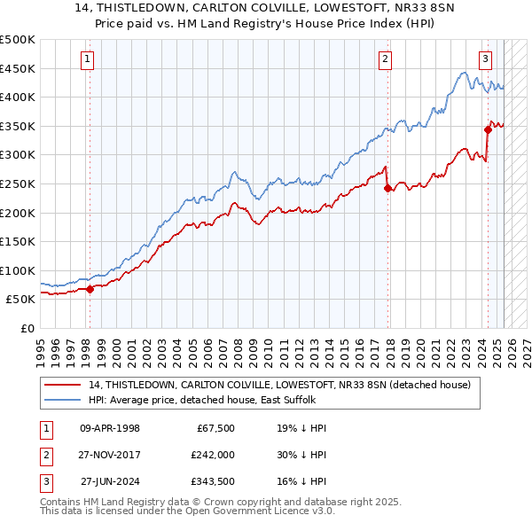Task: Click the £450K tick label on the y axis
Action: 18,68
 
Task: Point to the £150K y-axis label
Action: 18,241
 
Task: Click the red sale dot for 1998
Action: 90,289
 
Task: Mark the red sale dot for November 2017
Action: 387,188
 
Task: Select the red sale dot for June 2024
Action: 488,129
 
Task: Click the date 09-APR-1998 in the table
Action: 110,427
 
